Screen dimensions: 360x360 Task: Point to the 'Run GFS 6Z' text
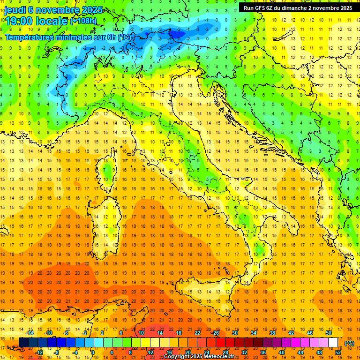[257, 8]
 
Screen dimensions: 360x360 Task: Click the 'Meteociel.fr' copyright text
[221, 357]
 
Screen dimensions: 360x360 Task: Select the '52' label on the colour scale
[338, 352]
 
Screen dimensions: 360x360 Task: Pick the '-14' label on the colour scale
[30, 333]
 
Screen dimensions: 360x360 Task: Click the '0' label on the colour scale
[93, 352]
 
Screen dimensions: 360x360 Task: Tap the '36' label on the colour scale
[263, 352]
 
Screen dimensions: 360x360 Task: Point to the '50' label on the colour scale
[329, 333]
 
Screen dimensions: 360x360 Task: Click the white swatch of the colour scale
[333, 343]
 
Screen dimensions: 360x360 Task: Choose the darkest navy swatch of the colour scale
[23, 343]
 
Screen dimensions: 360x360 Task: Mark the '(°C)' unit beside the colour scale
[350, 343]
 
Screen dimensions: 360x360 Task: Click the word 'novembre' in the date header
[59, 9]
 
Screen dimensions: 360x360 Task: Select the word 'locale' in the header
[52, 21]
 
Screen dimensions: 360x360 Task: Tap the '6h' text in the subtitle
[111, 37]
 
